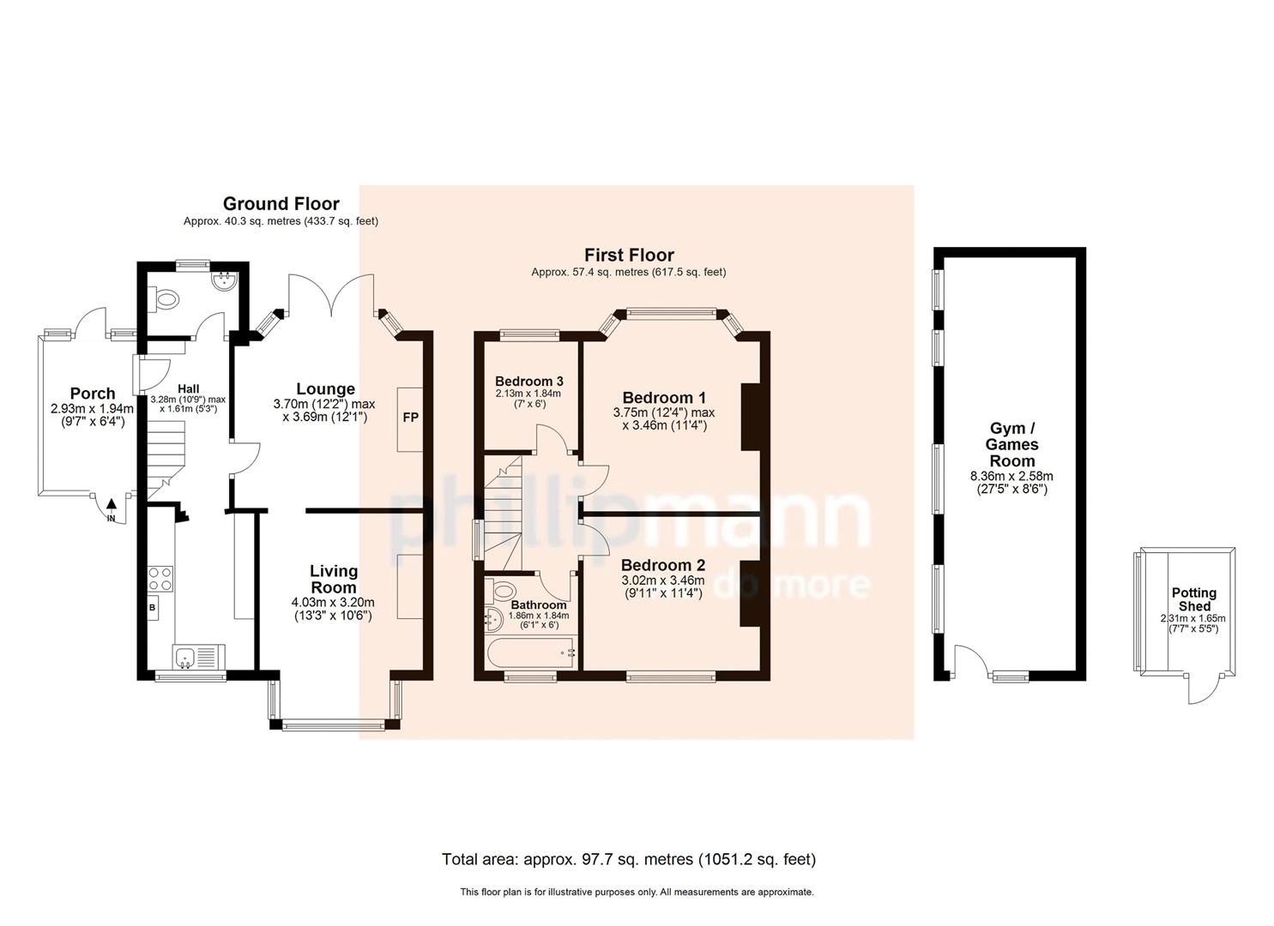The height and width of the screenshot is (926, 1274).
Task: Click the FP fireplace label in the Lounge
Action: (x=411, y=418)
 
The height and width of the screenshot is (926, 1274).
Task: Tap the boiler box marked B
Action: (x=153, y=608)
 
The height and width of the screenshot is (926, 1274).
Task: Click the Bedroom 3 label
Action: (x=528, y=382)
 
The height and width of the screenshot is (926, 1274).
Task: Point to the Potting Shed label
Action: (x=1193, y=599)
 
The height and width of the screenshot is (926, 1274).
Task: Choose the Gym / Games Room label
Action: (x=1012, y=444)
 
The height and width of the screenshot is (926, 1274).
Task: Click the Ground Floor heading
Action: (x=281, y=204)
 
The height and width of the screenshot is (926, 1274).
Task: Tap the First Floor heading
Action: (x=629, y=255)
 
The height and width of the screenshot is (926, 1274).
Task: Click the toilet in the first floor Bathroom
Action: (x=503, y=590)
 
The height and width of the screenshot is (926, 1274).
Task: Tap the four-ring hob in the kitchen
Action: (x=160, y=579)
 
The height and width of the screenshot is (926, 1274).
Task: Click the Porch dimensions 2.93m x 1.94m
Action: (x=92, y=415)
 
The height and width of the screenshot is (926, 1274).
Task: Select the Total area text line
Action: (x=628, y=859)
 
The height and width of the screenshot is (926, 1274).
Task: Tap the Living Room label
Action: (x=333, y=580)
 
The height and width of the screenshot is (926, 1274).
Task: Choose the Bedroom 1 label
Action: (x=663, y=398)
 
